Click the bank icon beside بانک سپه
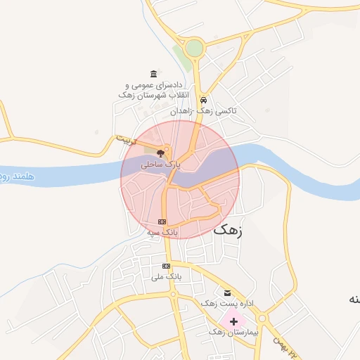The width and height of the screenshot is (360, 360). (x=162, y=221)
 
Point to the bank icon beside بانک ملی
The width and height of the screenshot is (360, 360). (x=166, y=266)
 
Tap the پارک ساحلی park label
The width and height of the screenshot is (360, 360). (x=161, y=163)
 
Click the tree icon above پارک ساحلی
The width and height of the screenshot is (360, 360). (x=161, y=153)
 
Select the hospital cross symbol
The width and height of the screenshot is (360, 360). (x=233, y=321)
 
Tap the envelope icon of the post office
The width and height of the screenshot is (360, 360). (x=226, y=292)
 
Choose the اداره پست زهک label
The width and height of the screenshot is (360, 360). (x=226, y=303)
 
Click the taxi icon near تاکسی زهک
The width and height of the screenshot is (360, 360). (x=203, y=100)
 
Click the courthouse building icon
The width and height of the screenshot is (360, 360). (x=153, y=74)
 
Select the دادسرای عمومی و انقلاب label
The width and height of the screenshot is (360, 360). (x=153, y=89)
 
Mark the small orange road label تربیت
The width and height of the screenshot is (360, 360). (x=124, y=140)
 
